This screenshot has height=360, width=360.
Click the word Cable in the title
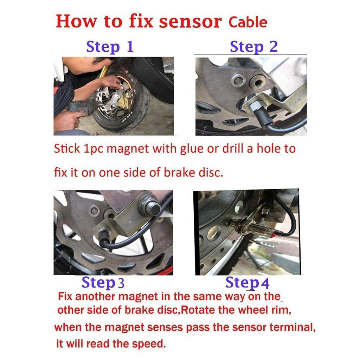click(248, 22)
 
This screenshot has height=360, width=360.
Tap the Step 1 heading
click(110, 47)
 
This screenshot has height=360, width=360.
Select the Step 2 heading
click(254, 47)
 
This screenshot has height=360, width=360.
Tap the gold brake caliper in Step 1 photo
click(125, 101)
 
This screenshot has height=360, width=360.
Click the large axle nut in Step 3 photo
click(149, 207)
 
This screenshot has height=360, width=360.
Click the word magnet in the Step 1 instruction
click(128, 149)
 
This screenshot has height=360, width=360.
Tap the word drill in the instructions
click(233, 148)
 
